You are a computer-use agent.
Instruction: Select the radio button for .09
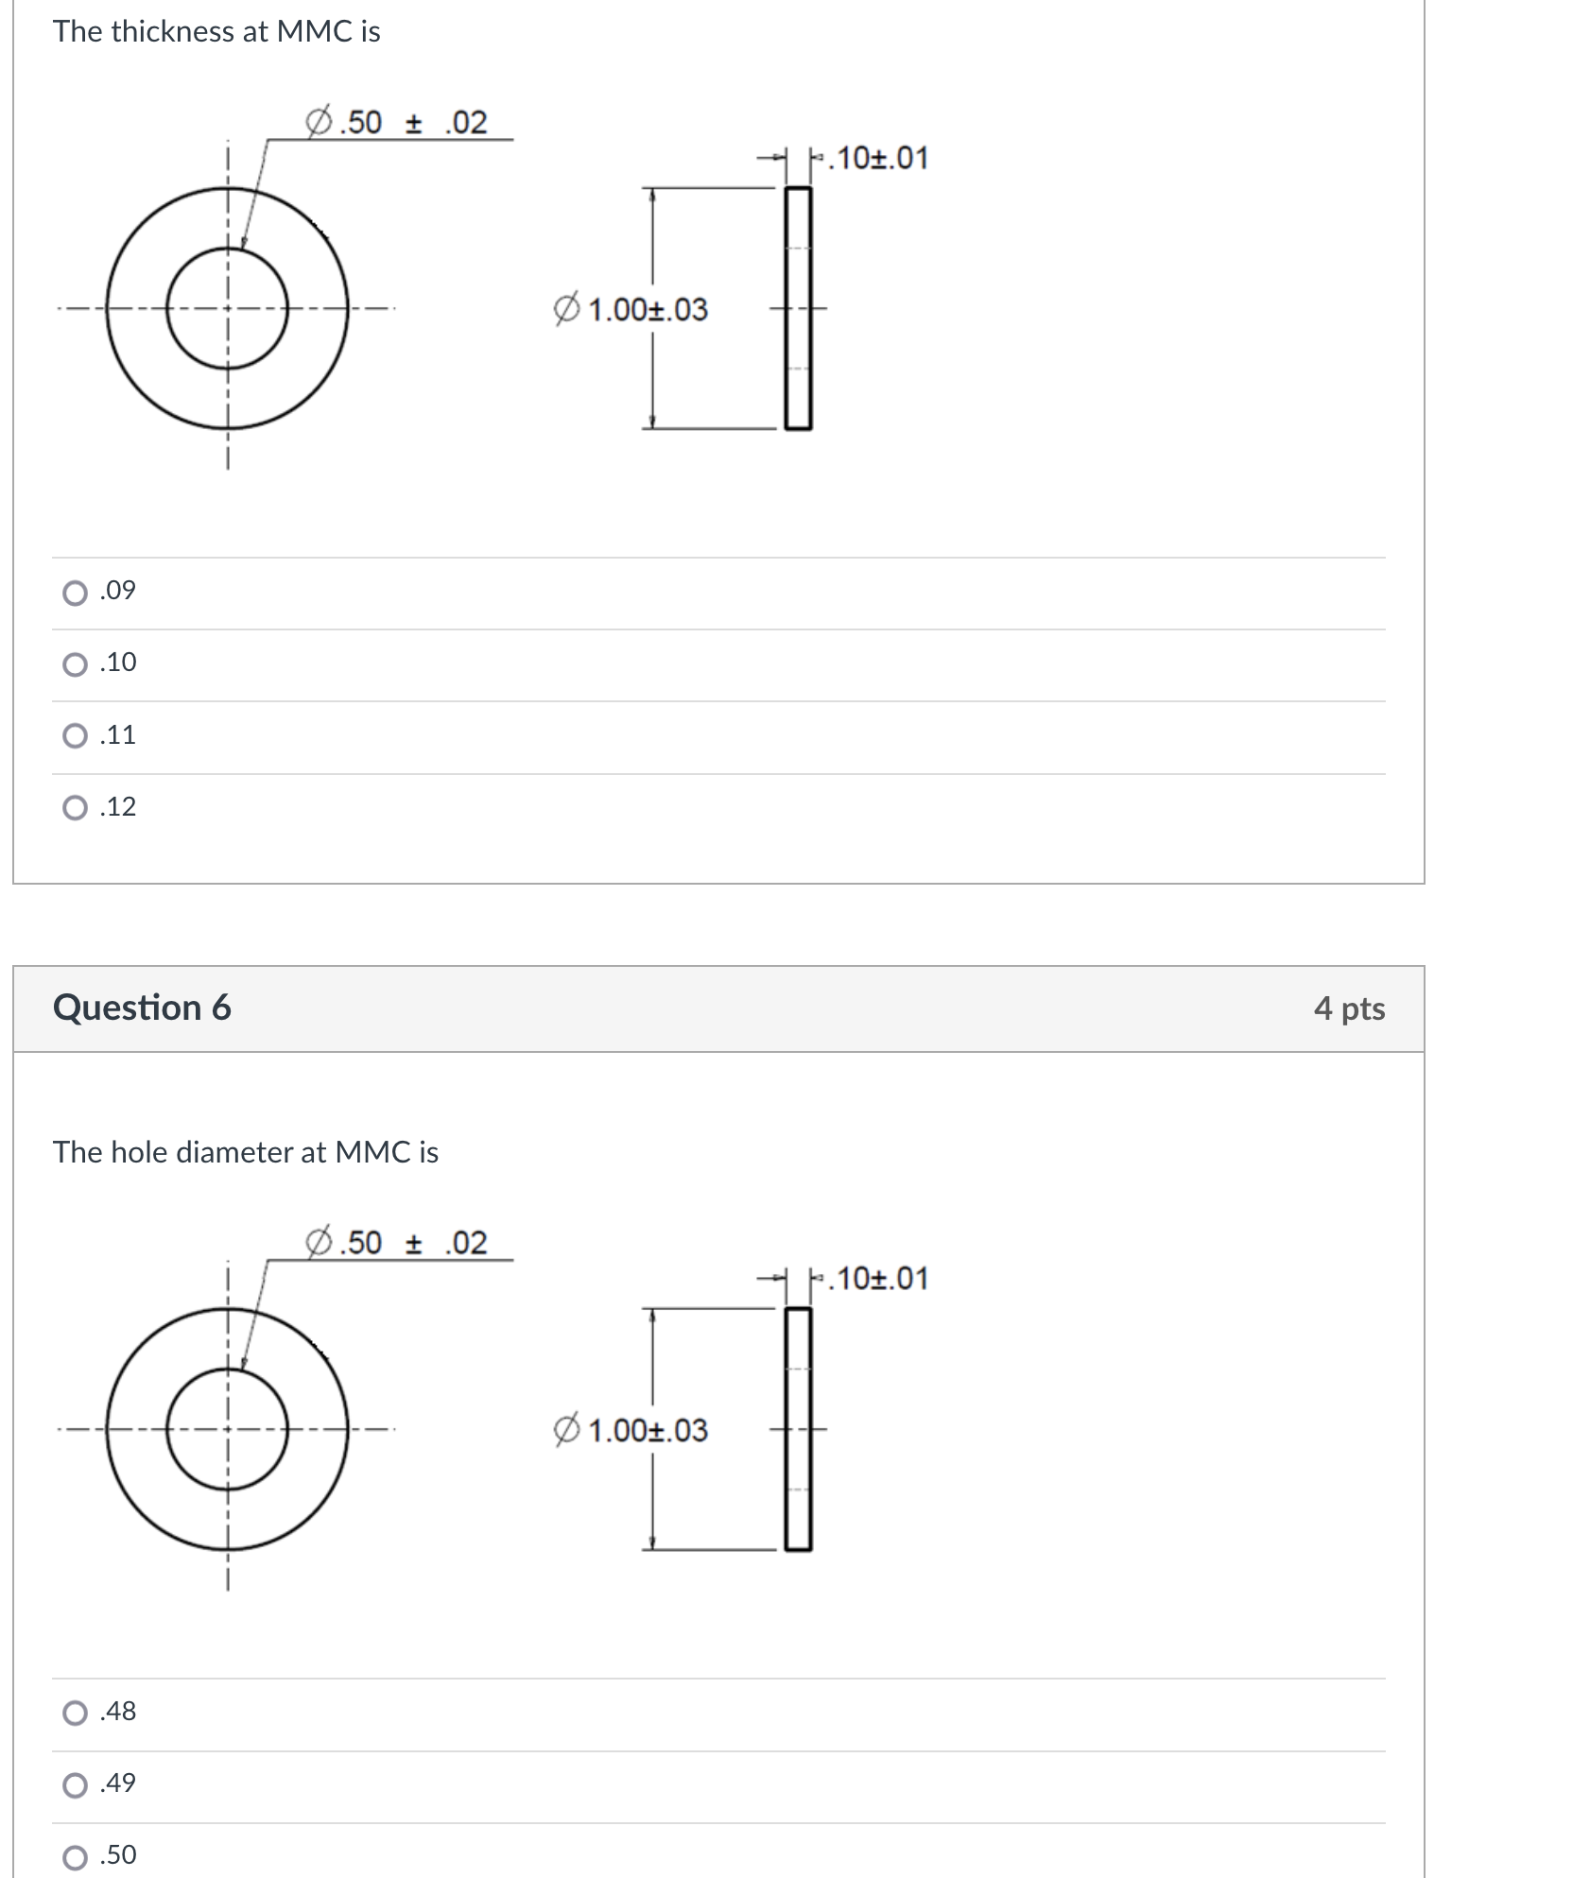(75, 593)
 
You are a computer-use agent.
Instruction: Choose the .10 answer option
(75, 664)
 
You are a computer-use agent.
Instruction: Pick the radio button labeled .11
(75, 736)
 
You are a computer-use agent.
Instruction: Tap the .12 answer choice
(75, 808)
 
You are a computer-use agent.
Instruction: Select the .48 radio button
(75, 1713)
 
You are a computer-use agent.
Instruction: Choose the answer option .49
(75, 1784)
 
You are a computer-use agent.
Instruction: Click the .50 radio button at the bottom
(75, 1856)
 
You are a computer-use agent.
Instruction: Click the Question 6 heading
(142, 1008)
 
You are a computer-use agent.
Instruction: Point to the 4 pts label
(1349, 1008)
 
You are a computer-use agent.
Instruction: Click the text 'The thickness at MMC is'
(216, 31)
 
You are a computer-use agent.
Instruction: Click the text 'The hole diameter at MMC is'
(246, 1152)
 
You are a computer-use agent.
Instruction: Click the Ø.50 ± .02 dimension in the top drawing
(397, 122)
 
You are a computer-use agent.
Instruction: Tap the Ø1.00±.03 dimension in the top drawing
(631, 309)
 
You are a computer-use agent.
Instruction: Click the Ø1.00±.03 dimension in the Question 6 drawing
(631, 1430)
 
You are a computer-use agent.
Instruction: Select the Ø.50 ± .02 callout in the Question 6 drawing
(397, 1242)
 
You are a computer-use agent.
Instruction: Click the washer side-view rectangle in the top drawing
(799, 308)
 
